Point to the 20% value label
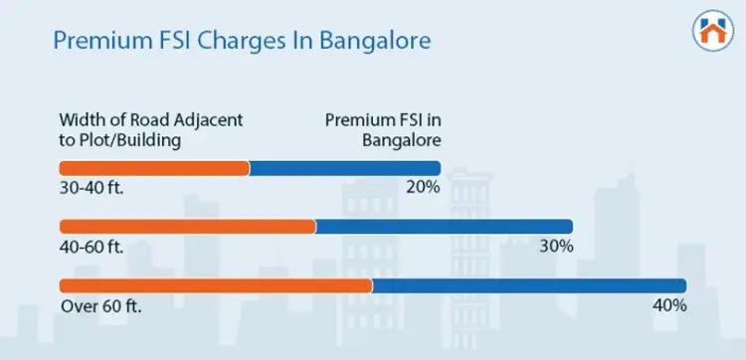(423, 187)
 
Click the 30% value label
(556, 246)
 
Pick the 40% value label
(669, 304)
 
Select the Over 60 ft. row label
(100, 304)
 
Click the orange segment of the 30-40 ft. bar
(154, 168)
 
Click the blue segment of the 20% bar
(344, 168)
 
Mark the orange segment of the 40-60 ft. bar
(187, 227)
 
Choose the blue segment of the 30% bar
(444, 227)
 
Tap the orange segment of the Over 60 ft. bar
(216, 285)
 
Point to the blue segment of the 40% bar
(529, 285)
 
